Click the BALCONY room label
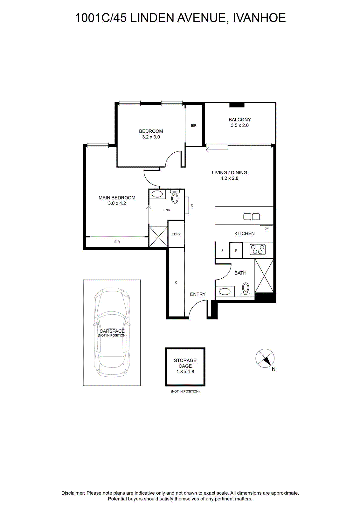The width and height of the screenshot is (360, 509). [239, 120]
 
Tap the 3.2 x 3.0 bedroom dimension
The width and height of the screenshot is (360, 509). [151, 137]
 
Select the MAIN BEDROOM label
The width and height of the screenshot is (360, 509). [117, 198]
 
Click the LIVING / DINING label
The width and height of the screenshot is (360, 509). [229, 172]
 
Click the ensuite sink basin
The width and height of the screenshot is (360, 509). [157, 194]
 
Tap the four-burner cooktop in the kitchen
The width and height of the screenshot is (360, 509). [257, 249]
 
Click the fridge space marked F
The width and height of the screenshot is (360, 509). [222, 250]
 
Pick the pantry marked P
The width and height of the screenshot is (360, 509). [236, 250]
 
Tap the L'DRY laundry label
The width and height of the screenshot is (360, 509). [176, 234]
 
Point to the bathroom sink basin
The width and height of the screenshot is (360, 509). [225, 291]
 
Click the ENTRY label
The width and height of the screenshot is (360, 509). [197, 294]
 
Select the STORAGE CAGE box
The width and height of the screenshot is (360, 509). [185, 367]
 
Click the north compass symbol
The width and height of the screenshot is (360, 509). [265, 359]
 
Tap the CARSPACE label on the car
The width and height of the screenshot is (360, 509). [112, 331]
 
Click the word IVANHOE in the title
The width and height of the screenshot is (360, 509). [260, 18]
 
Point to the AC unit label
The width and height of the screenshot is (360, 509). [192, 206]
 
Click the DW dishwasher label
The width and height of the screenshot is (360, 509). [267, 229]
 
